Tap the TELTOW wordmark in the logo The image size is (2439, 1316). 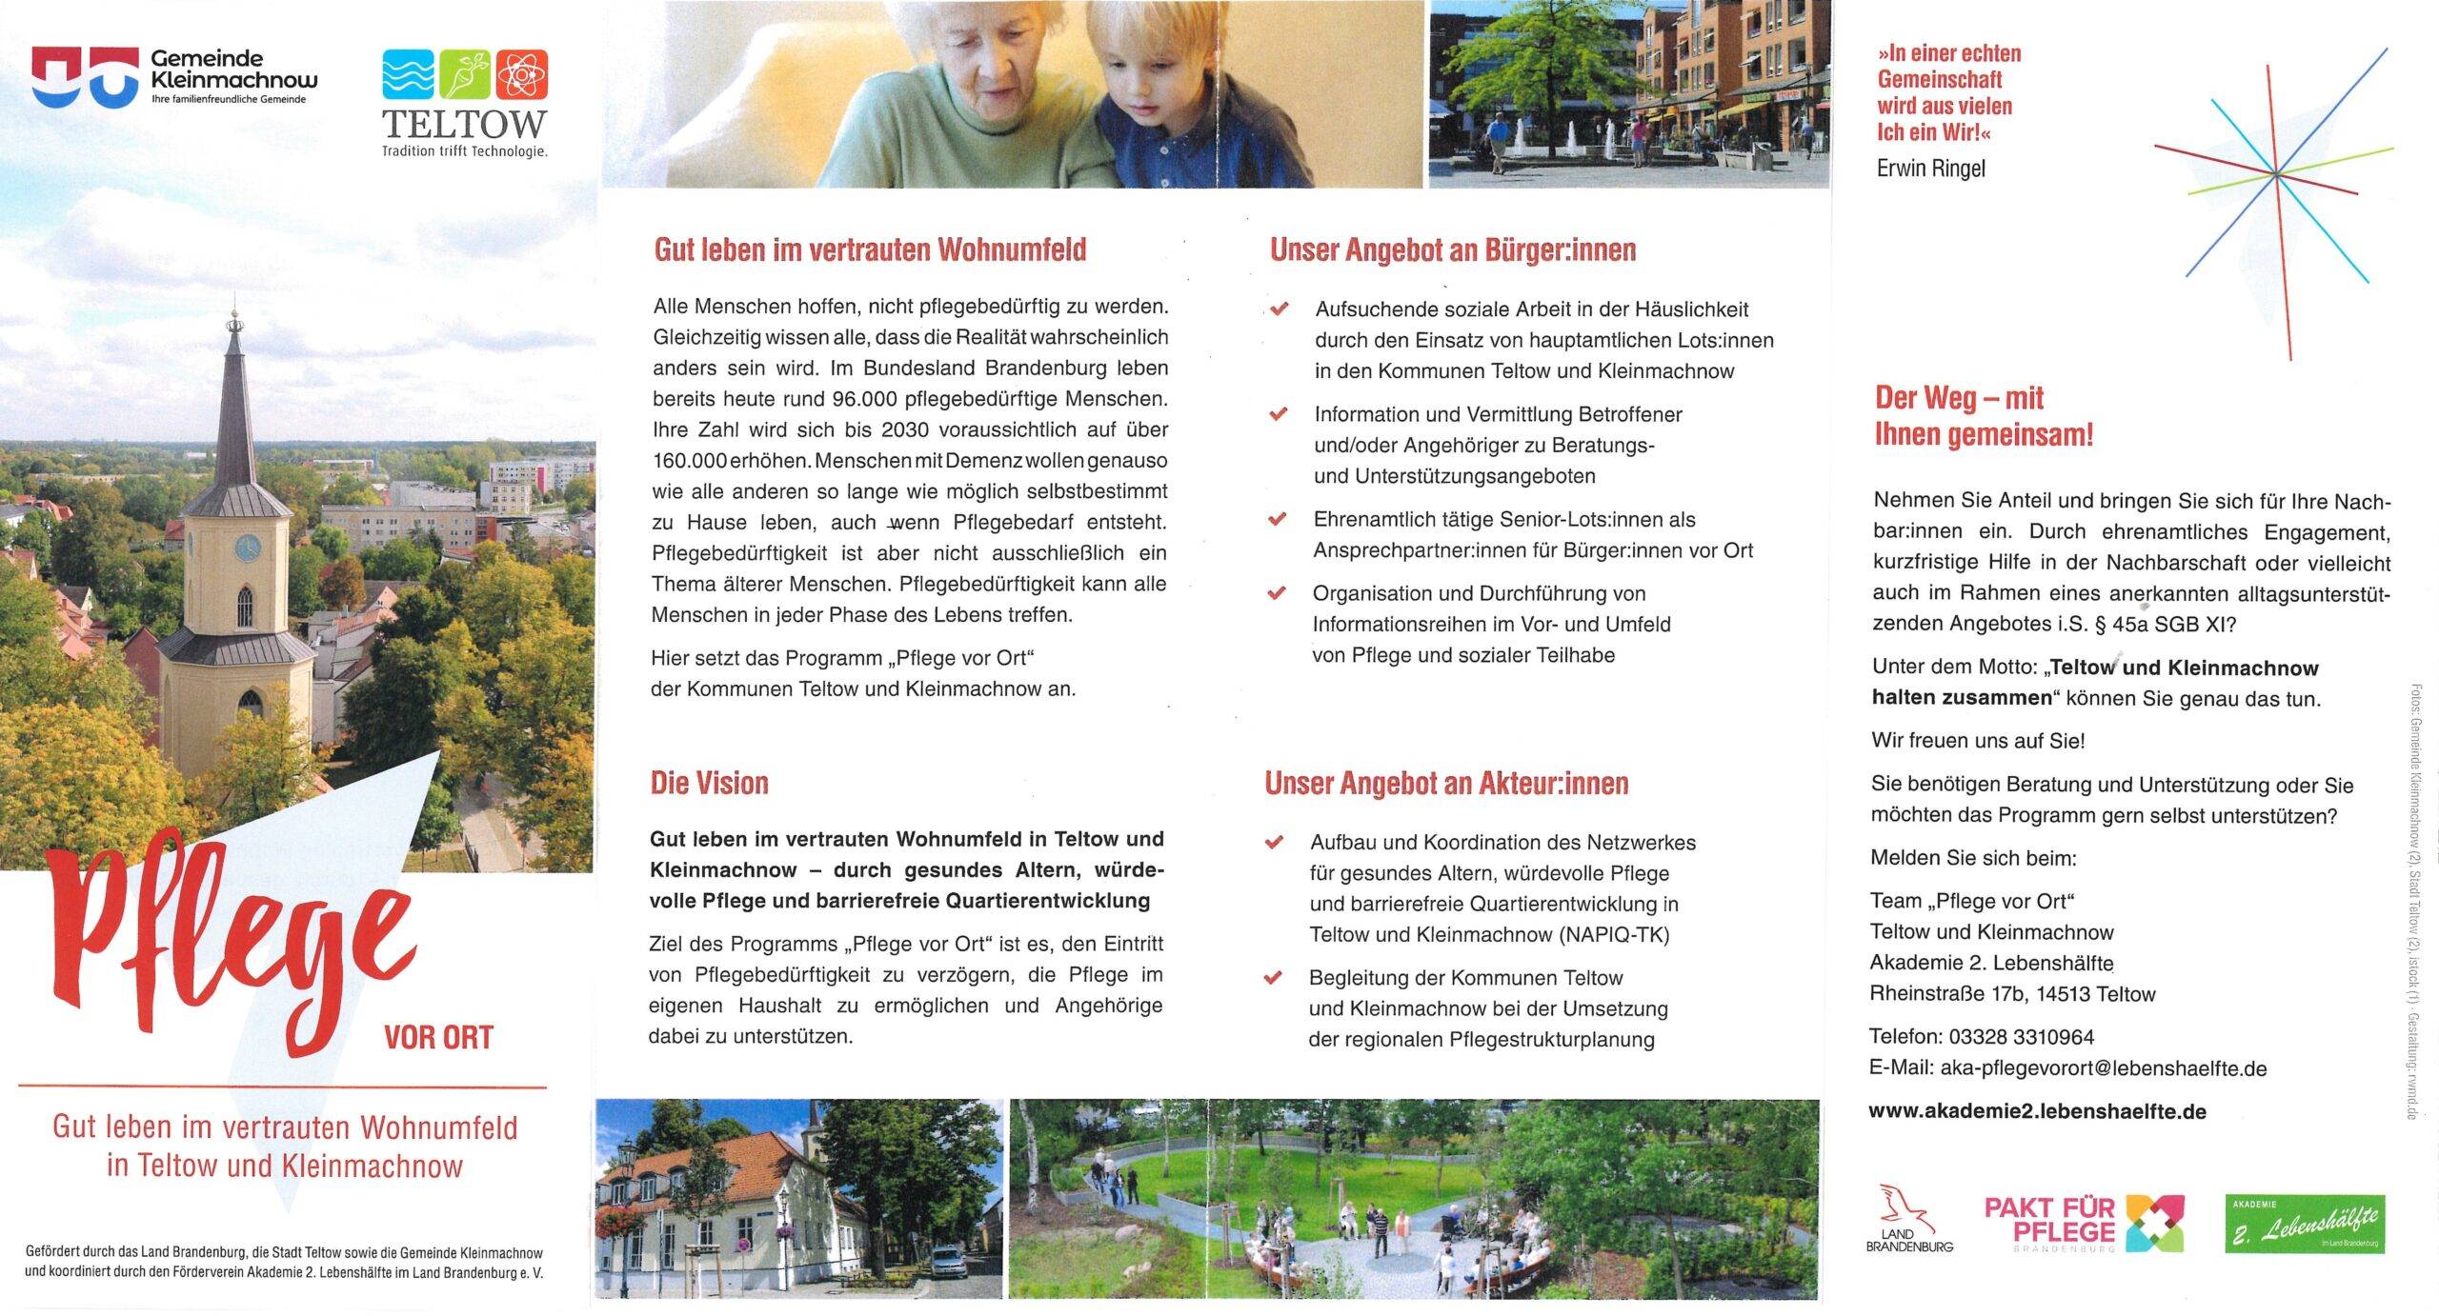coord(464,123)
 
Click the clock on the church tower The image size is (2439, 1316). coord(247,548)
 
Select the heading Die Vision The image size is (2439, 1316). coord(709,783)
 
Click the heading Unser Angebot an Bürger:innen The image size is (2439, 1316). coord(1452,249)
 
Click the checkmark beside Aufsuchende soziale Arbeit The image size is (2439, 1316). coord(1280,309)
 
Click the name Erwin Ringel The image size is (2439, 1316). coord(1930,169)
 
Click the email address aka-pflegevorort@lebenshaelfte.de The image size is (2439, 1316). coord(2103,1067)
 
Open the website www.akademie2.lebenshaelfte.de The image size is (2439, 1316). coord(2037,1110)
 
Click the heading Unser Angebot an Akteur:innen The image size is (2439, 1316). coord(1445,783)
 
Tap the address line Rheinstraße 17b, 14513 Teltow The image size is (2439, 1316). coord(2012,993)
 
